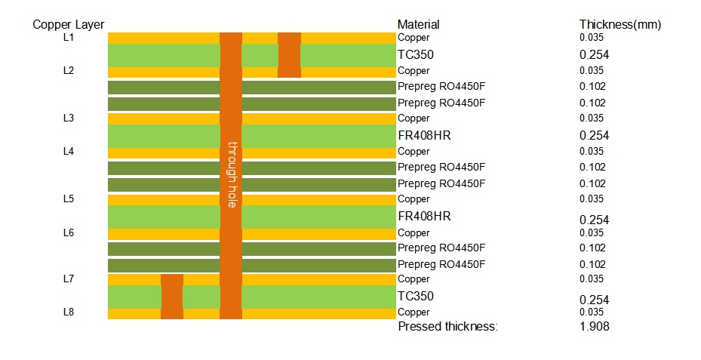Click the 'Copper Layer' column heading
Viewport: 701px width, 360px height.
[x=68, y=25]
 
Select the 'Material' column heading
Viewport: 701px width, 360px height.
[x=418, y=25]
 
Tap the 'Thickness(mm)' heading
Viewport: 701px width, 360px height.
[x=620, y=25]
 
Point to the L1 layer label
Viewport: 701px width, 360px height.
[x=69, y=38]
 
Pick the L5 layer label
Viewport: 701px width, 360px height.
[x=69, y=199]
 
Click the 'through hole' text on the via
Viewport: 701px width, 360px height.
[x=232, y=174]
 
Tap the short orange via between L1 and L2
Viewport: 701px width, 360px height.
[x=289, y=54]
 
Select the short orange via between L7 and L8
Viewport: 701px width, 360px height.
[x=172, y=297]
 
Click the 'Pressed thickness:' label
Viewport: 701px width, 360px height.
[x=447, y=327]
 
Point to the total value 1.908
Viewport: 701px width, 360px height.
[x=594, y=327]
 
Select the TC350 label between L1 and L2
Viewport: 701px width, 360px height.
[x=415, y=54]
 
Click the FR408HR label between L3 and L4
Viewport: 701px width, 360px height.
[x=423, y=135]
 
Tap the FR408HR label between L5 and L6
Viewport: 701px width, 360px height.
[x=423, y=217]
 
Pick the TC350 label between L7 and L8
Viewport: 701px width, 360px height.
[x=415, y=297]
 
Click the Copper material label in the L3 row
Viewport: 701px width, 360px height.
[x=414, y=118]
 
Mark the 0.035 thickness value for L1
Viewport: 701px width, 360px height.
[x=591, y=38]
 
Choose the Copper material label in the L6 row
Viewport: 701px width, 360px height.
[x=414, y=233]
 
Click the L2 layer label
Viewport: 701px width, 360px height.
[x=69, y=71]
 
